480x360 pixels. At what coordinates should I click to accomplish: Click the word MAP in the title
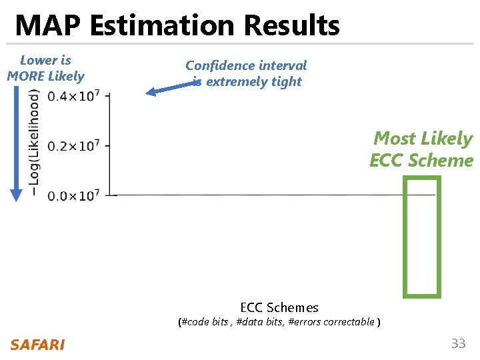[x=49, y=26]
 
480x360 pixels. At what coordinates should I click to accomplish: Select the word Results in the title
[x=291, y=26]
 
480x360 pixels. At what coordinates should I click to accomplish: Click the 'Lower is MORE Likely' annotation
[x=45, y=68]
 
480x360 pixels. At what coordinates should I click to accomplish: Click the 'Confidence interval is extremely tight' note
[x=246, y=73]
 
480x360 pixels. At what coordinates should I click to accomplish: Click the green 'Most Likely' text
[x=423, y=139]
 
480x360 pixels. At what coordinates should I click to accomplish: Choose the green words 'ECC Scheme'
[x=421, y=161]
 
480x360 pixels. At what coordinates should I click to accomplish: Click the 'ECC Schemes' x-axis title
[x=279, y=307]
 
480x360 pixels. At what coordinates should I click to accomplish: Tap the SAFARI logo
[x=37, y=345]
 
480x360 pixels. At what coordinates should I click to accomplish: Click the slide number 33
[x=458, y=344]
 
